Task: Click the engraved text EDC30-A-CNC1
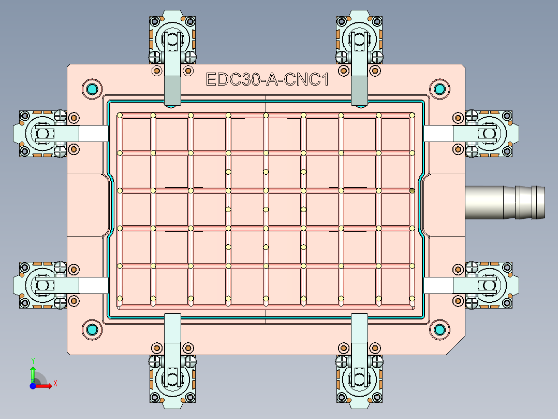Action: (267, 80)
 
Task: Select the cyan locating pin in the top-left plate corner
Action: (92, 89)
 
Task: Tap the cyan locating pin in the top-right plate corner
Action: (439, 89)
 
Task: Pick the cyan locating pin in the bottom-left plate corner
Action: (92, 329)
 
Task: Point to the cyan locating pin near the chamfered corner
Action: (439, 329)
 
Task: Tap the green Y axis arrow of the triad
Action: (33, 374)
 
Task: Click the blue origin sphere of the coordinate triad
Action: (33, 386)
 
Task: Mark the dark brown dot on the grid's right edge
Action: (412, 191)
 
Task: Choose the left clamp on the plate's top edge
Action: (172, 52)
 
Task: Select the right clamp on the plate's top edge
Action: (360, 52)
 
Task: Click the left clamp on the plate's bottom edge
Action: (172, 363)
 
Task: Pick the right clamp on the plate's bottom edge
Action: (360, 363)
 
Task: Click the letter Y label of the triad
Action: (33, 360)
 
